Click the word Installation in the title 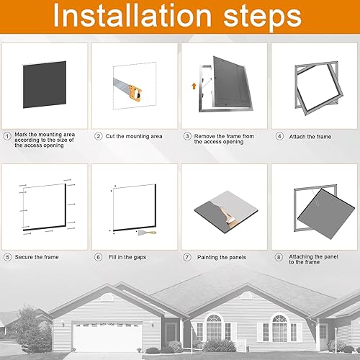(x=132, y=17)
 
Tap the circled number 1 (x=7, y=136)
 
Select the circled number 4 (x=279, y=136)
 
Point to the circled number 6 (x=98, y=257)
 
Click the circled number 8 (x=279, y=257)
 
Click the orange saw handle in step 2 (x=135, y=93)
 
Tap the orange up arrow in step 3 (x=194, y=86)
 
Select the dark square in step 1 (x=45, y=84)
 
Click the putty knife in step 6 (x=147, y=233)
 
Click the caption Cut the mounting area (x=134, y=136)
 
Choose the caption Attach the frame (x=310, y=137)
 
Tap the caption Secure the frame (x=37, y=257)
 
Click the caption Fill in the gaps (x=127, y=257)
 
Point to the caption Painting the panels (x=222, y=257)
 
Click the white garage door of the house (x=107, y=337)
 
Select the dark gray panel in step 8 (x=326, y=214)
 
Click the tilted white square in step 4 (x=316, y=89)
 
